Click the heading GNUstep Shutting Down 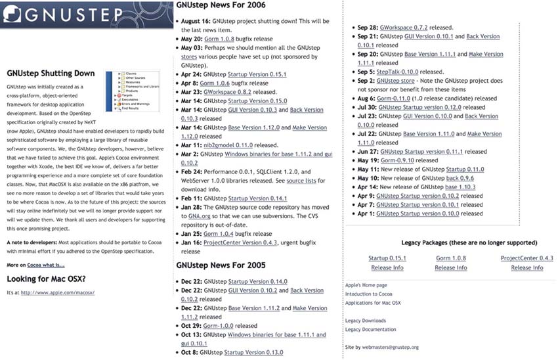[51, 74]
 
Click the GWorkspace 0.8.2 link [234, 92]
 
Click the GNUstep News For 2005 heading [220, 265]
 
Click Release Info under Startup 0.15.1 [387, 267]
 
